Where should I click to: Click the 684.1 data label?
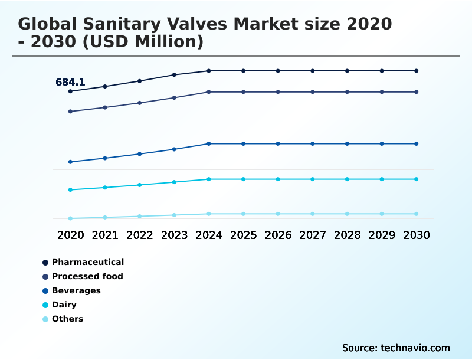[70, 83]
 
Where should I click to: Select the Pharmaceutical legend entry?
[87, 262]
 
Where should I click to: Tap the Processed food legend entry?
[87, 276]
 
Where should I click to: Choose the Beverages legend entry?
[76, 290]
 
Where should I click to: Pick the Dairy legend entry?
[64, 305]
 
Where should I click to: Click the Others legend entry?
[67, 319]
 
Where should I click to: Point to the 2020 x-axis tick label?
[70, 235]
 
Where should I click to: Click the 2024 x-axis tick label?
[208, 235]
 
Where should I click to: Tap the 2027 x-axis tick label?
[312, 235]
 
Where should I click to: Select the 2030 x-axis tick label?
[416, 235]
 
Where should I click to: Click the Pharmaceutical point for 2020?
[70, 91]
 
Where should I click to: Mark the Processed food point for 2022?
[139, 103]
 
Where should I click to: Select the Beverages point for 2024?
[208, 143]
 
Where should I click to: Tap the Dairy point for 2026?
[278, 179]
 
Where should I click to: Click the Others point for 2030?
[416, 214]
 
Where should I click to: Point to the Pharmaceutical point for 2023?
[174, 75]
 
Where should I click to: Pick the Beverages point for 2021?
[105, 158]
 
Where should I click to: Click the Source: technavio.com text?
[396, 348]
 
